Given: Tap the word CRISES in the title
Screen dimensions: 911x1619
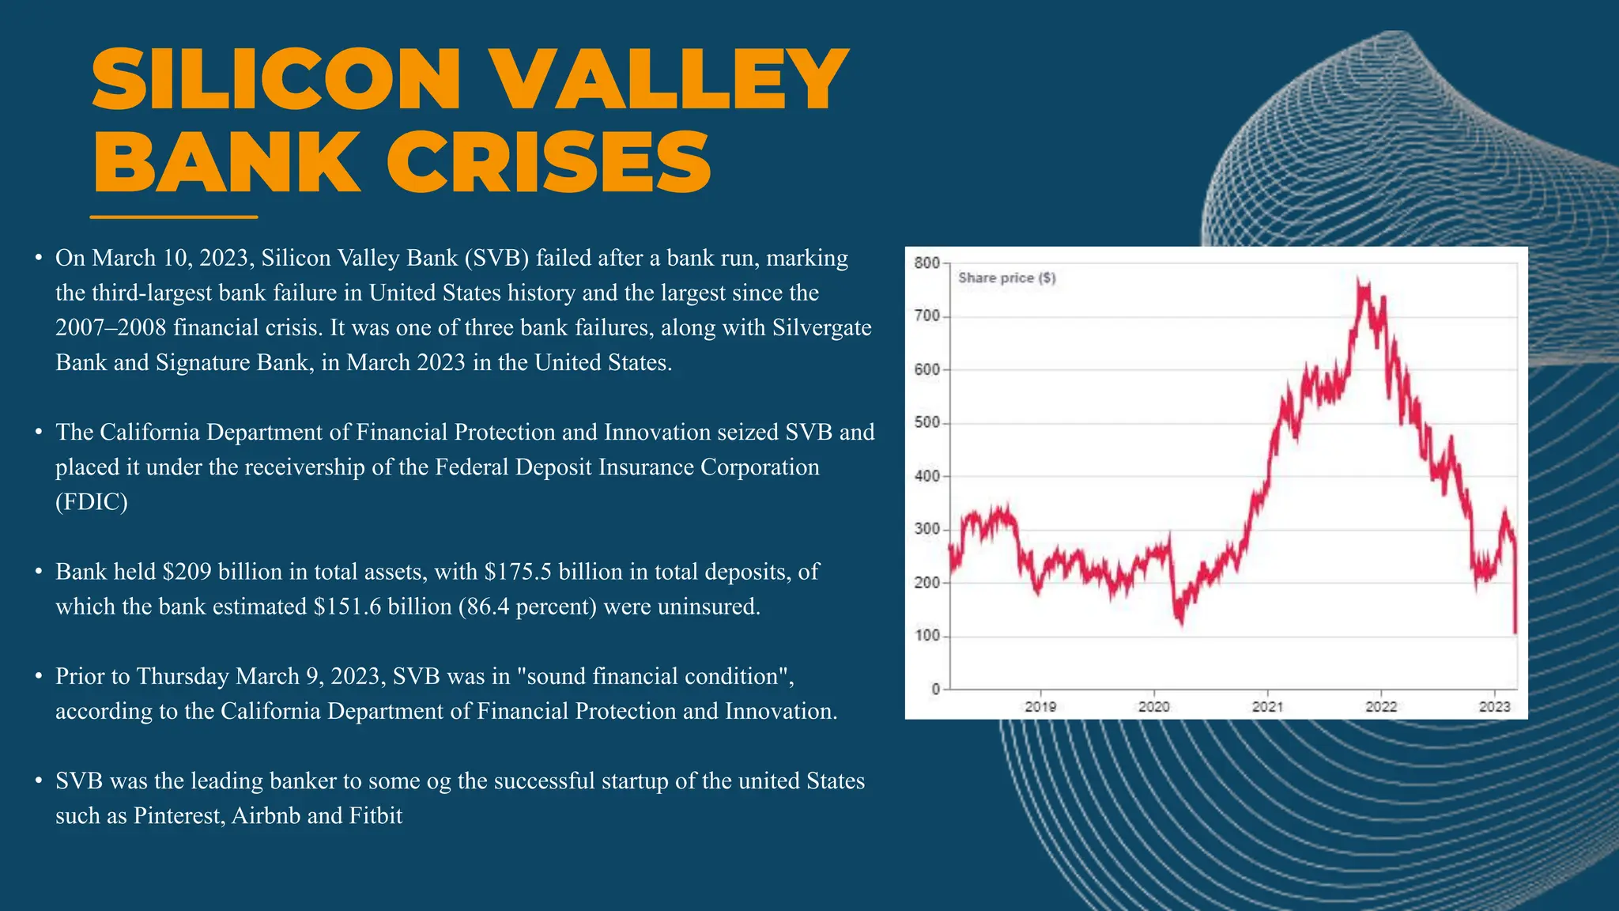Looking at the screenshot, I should pos(549,163).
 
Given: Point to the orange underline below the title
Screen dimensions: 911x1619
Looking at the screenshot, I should pos(174,217).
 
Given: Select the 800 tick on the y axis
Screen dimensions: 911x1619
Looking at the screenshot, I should pos(926,263).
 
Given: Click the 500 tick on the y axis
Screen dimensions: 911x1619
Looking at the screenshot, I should pos(926,423).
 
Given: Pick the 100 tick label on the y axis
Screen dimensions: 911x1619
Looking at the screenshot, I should pos(926,636).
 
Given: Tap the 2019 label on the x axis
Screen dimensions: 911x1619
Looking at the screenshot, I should pos(1040,706).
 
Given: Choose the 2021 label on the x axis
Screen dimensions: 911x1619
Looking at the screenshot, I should pos(1267,706).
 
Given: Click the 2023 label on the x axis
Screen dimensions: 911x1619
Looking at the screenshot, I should pos(1494,706).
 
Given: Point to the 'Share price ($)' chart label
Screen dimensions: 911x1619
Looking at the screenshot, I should pos(1006,278).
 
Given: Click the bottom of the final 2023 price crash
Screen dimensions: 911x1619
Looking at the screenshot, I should pos(1515,632).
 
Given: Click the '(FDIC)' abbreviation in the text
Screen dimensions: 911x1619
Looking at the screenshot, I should pos(92,502).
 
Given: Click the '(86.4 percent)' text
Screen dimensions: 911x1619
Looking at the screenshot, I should pos(526,607).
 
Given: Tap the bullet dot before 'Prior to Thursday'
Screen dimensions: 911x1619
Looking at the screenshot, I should pos(38,677).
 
